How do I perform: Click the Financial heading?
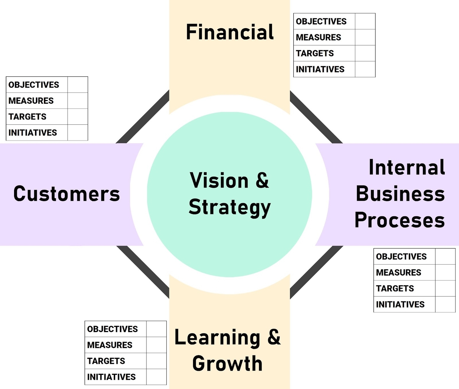pos(229,32)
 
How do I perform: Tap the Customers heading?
pos(67,194)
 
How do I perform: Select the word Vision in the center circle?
pos(219,181)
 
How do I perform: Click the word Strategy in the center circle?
pos(229,207)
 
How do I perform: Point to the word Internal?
pos(407,167)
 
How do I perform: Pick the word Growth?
pos(227,364)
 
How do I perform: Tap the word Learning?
pos(217,338)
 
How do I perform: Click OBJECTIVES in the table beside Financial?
pos(321,22)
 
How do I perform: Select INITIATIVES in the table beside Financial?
pos(320,69)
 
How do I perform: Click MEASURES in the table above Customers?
pos(31,101)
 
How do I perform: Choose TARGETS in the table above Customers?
pos(27,117)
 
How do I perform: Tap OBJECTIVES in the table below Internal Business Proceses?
pos(401,257)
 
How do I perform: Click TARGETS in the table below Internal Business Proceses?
pos(395,288)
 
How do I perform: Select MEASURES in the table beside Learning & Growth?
pos(110,345)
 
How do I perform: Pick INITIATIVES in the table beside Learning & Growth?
pos(111,377)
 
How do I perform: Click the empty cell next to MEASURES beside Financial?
pos(365,37)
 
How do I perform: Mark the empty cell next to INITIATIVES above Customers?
pos(78,133)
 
